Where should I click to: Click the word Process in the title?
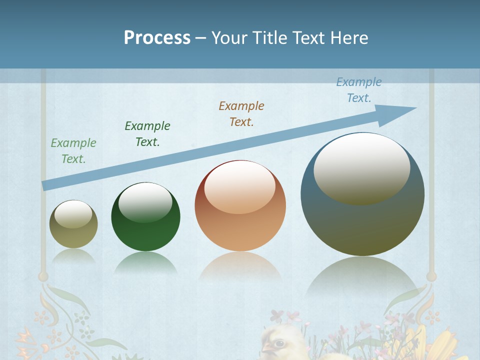click(x=157, y=37)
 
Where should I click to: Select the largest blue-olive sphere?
click(x=362, y=220)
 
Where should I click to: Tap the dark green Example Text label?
click(x=147, y=134)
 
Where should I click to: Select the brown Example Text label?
click(x=241, y=113)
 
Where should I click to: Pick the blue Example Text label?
click(x=359, y=90)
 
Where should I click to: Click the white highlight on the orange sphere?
click(x=239, y=186)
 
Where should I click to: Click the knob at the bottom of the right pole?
click(x=431, y=276)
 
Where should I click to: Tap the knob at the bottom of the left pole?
click(x=43, y=276)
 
